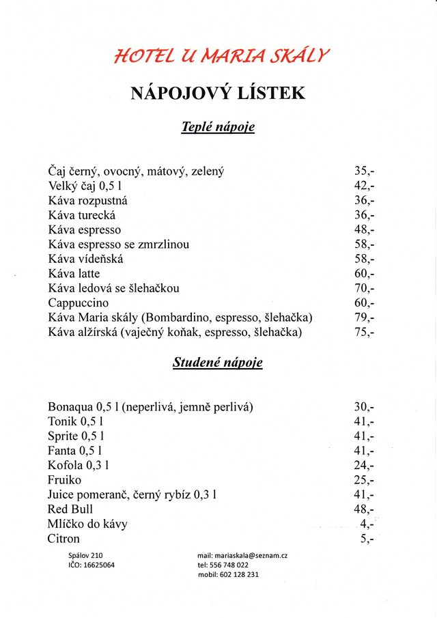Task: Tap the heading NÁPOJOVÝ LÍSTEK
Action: click(218, 93)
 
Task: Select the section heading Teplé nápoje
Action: click(218, 128)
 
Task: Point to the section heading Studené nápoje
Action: click(218, 363)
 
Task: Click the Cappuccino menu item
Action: click(79, 303)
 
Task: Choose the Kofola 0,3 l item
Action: click(79, 465)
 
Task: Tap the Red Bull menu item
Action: click(70, 509)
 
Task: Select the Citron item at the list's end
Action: click(64, 539)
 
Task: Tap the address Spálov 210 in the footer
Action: click(85, 556)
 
